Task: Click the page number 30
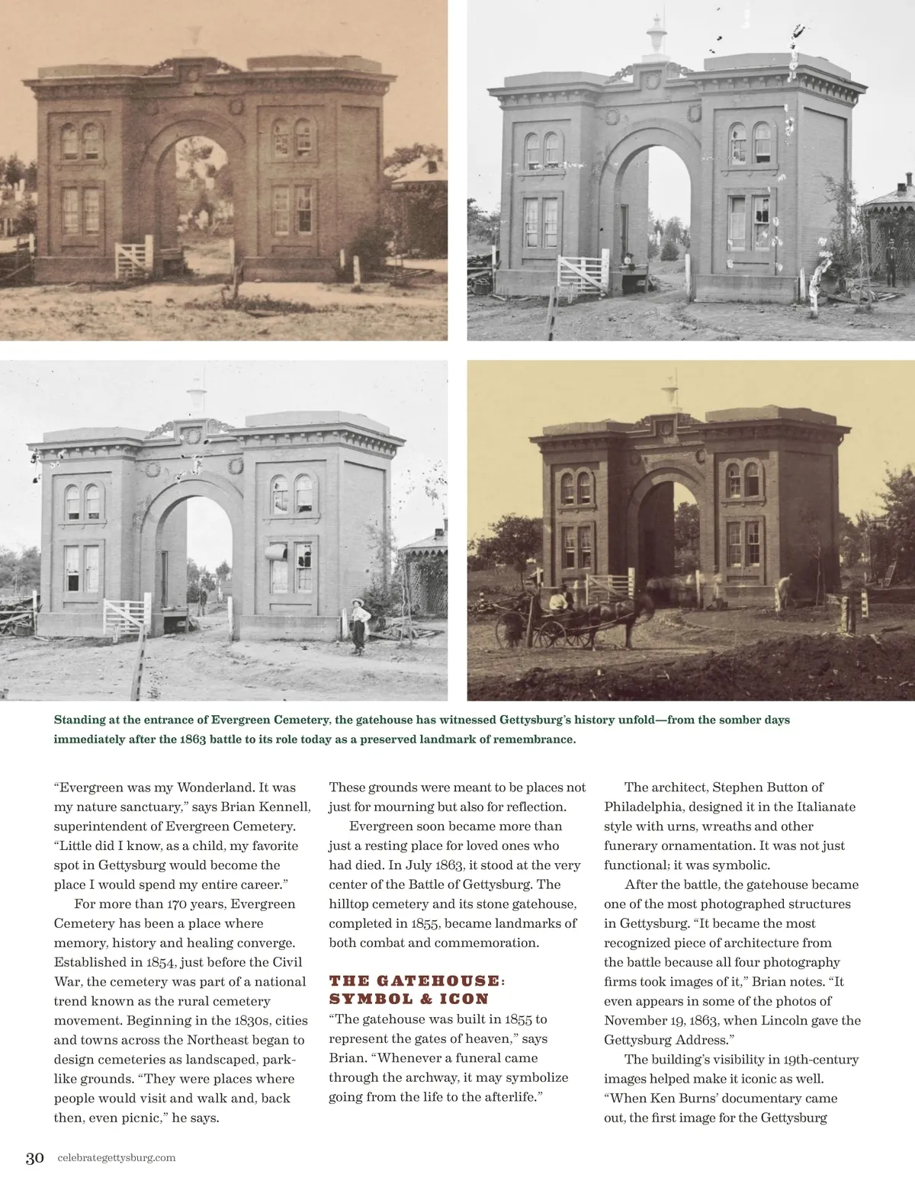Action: pos(34,1157)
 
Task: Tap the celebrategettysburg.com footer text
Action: pos(116,1157)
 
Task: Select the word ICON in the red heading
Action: pos(464,999)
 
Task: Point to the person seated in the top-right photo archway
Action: pos(628,262)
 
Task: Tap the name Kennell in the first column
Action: pos(284,807)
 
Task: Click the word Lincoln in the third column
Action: pos(788,1020)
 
